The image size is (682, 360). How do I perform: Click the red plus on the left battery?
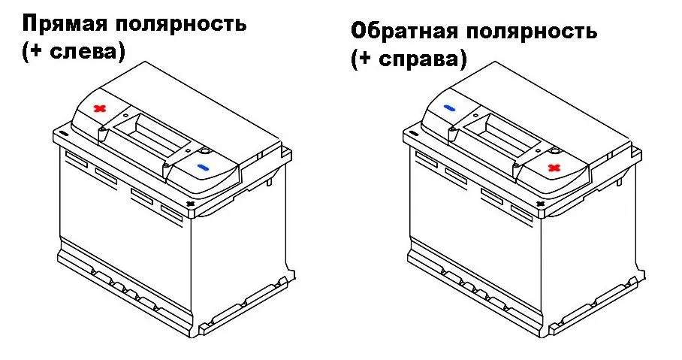[98, 109]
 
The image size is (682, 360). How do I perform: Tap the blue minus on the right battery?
[449, 109]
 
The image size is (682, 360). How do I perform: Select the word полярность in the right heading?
[533, 32]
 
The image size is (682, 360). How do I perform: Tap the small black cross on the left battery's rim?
[190, 203]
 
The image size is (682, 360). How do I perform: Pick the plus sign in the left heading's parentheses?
[34, 52]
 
